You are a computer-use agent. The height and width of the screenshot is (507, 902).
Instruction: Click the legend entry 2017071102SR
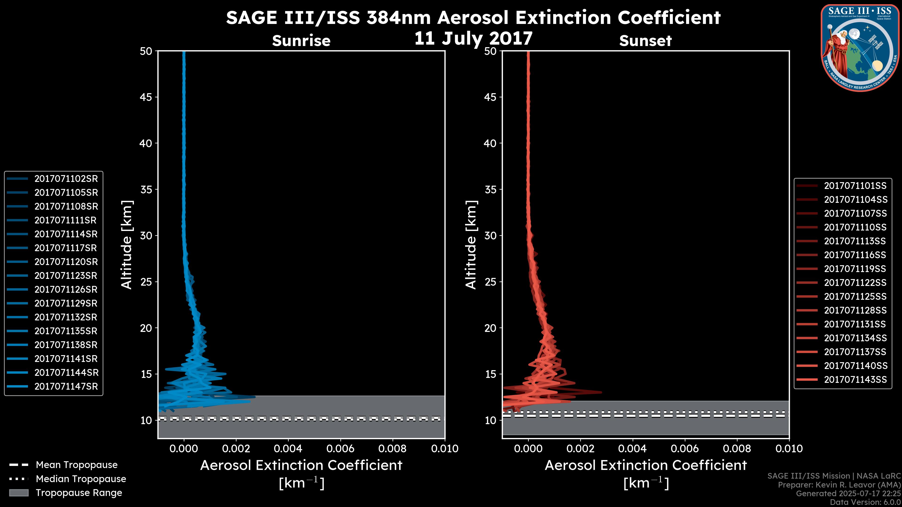point(66,179)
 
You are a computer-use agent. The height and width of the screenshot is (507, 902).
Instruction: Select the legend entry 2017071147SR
point(66,387)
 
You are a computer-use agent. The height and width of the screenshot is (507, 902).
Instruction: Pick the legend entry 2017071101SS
point(855,186)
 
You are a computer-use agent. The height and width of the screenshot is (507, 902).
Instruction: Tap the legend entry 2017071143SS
point(855,380)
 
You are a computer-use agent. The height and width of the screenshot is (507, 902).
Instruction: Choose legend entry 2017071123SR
point(66,276)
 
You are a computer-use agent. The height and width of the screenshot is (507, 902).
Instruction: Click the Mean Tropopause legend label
point(77,465)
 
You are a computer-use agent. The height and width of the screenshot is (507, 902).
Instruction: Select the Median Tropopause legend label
point(81,479)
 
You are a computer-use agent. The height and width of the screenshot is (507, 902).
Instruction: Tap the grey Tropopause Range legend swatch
point(19,493)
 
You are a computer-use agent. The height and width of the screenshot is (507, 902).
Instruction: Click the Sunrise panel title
point(301,41)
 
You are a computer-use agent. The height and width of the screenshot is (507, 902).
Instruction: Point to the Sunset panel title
point(645,41)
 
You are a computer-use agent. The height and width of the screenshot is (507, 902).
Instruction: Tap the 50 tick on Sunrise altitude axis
point(146,51)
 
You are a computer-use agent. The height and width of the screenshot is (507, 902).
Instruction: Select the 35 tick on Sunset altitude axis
point(490,190)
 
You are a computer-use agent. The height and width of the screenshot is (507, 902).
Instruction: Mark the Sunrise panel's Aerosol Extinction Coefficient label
point(301,466)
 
